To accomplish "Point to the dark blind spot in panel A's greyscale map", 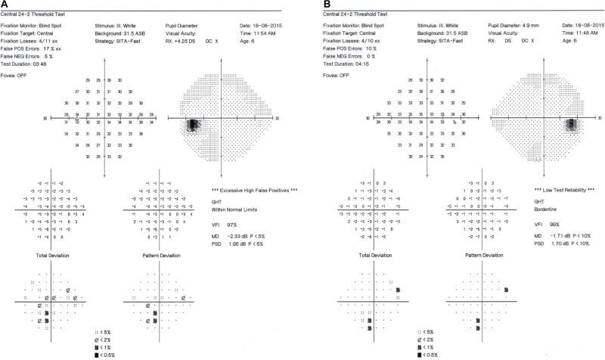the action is coord(193,125).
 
